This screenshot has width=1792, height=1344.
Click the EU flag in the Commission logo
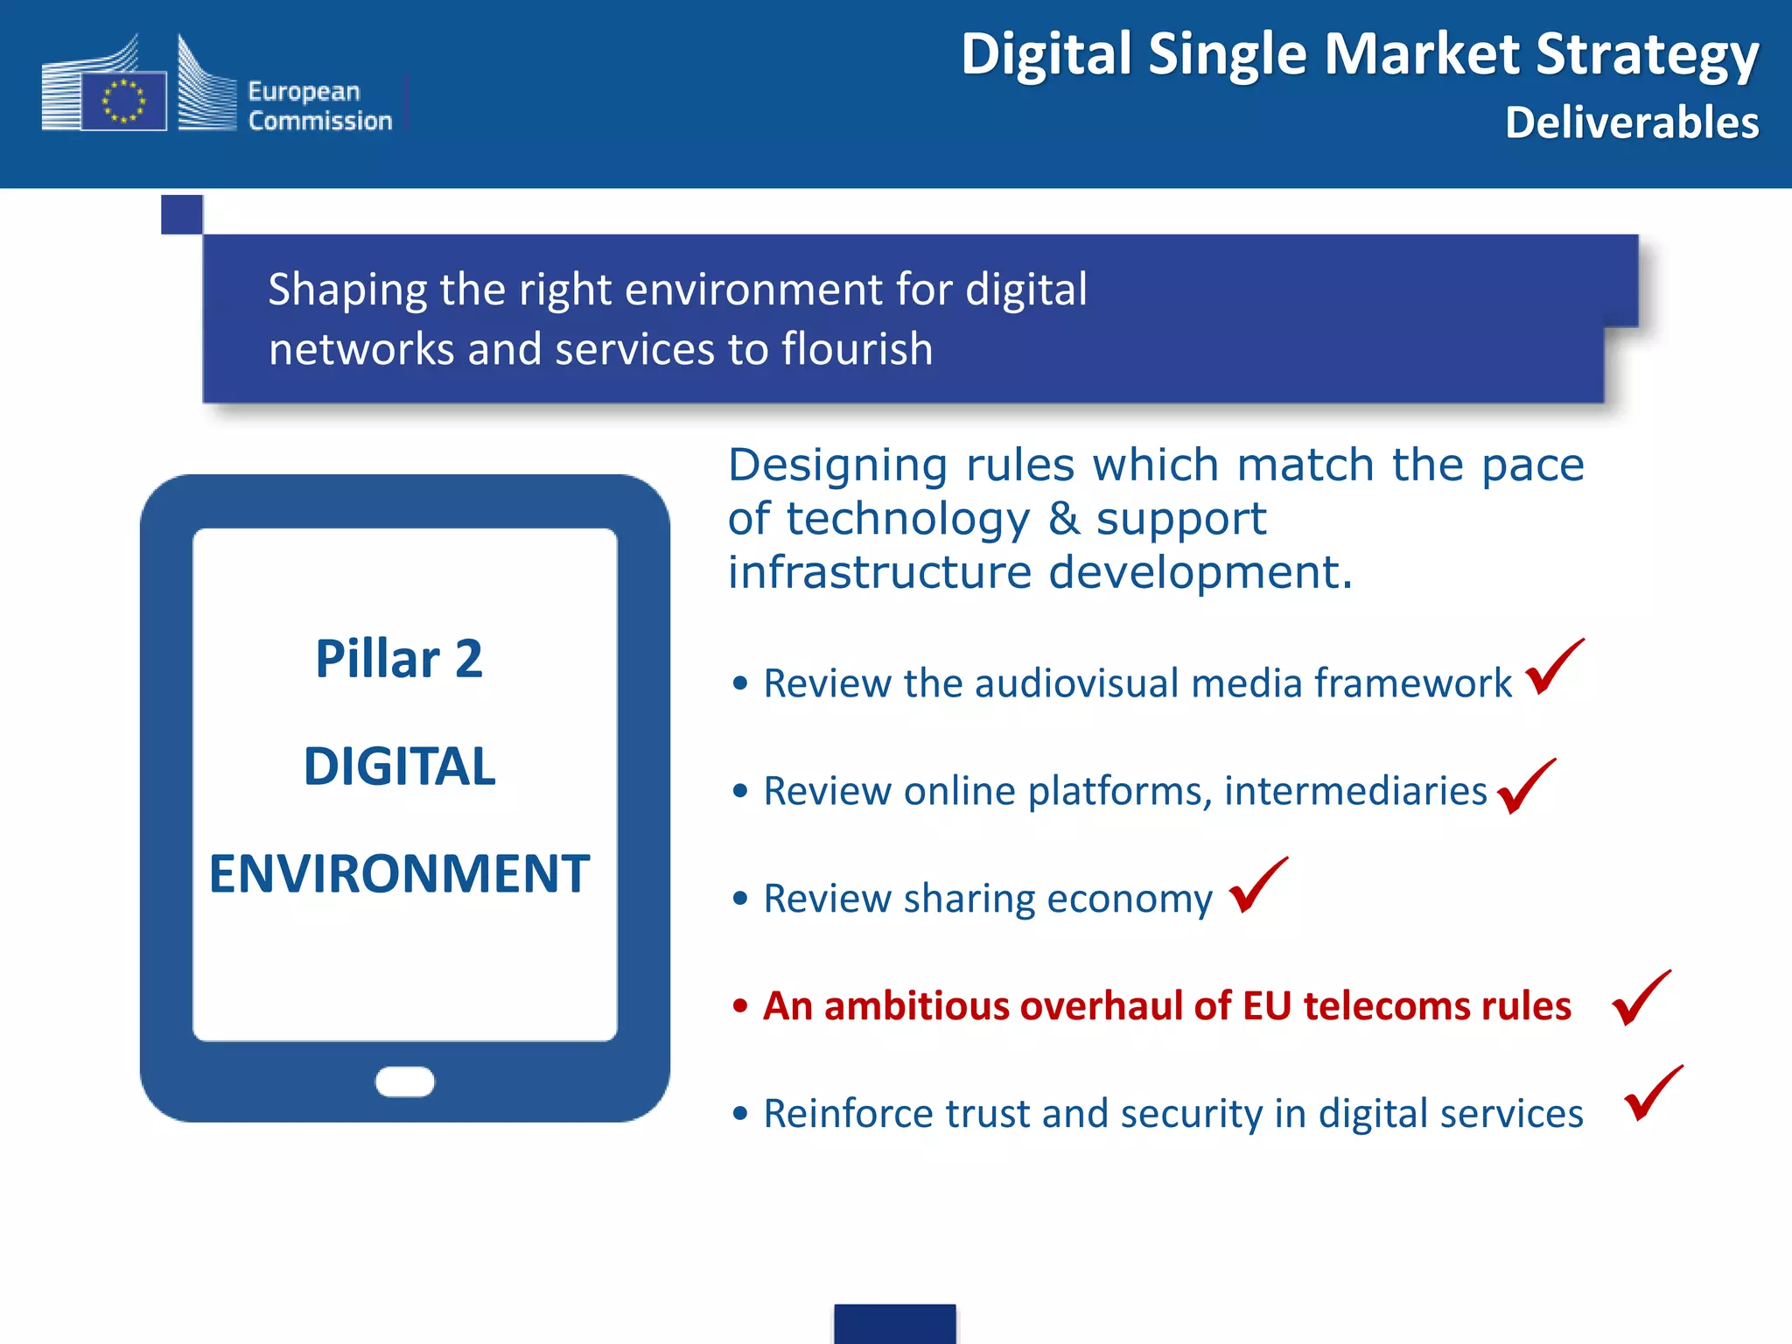123,101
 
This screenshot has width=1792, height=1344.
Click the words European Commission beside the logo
319,106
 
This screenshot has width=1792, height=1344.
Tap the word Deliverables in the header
1631,122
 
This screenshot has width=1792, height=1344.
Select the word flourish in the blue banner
857,348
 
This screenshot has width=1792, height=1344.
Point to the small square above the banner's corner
182,214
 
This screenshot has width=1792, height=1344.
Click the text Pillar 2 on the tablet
399,658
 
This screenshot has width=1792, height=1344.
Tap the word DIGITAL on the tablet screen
399,766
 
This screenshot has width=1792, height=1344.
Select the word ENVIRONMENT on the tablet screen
399,873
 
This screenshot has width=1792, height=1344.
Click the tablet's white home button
404,1081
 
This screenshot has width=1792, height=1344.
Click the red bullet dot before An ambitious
740,1005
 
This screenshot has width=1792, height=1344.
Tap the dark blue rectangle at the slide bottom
894,1323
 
